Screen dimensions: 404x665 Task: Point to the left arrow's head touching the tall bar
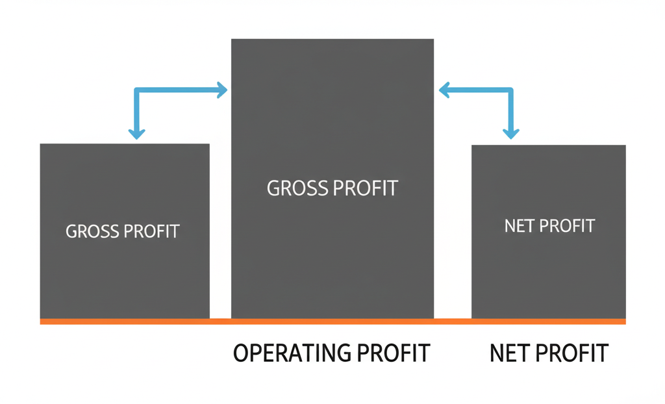tap(222, 90)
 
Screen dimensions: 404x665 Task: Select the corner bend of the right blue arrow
tap(511, 90)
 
